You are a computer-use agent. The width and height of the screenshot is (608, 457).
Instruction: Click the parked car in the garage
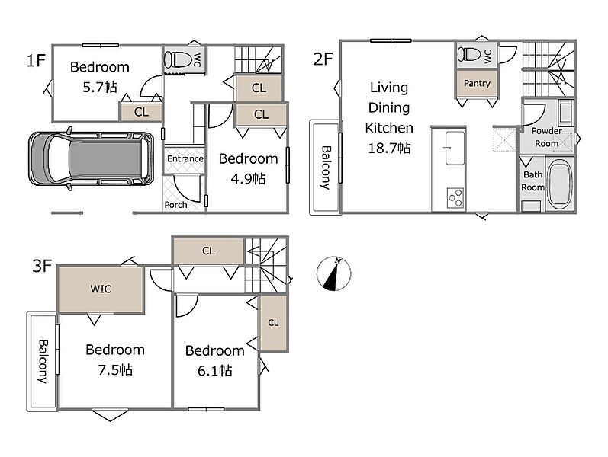pyautogui.click(x=91, y=158)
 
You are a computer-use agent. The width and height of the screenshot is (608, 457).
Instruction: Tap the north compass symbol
pyautogui.click(x=333, y=273)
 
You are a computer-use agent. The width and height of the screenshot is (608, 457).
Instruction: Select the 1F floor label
pyautogui.click(x=36, y=60)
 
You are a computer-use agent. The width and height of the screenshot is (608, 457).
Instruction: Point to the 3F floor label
pyautogui.click(x=42, y=266)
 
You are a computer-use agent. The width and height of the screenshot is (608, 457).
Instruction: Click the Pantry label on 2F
pyautogui.click(x=477, y=83)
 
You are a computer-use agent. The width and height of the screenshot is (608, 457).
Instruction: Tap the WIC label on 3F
pyautogui.click(x=101, y=289)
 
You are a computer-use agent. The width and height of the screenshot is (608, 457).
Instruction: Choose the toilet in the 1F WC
pyautogui.click(x=179, y=59)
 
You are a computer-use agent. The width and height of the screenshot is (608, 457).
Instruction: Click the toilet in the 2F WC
pyautogui.click(x=471, y=54)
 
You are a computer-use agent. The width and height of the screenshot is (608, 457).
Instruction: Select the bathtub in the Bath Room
pyautogui.click(x=560, y=184)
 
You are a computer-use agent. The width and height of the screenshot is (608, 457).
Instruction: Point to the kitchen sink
pyautogui.click(x=455, y=148)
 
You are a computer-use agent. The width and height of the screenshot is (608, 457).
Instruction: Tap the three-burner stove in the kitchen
pyautogui.click(x=455, y=197)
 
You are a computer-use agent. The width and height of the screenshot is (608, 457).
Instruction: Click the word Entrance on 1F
pyautogui.click(x=185, y=158)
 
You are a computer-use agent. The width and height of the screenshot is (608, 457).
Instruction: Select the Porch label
pyautogui.click(x=175, y=204)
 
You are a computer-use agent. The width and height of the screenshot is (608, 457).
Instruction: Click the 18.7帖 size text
pyautogui.click(x=389, y=148)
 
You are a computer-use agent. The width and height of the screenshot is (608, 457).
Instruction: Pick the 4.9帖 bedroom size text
pyautogui.click(x=248, y=179)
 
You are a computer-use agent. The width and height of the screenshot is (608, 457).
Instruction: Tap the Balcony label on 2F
pyautogui.click(x=326, y=168)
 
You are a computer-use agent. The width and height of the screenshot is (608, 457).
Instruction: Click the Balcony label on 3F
pyautogui.click(x=43, y=361)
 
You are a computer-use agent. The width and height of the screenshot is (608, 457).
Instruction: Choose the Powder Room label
pyautogui.click(x=547, y=137)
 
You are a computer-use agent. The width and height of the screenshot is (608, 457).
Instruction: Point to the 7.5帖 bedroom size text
pyautogui.click(x=115, y=370)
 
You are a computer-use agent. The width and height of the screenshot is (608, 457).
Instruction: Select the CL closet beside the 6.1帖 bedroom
pyautogui.click(x=273, y=323)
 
